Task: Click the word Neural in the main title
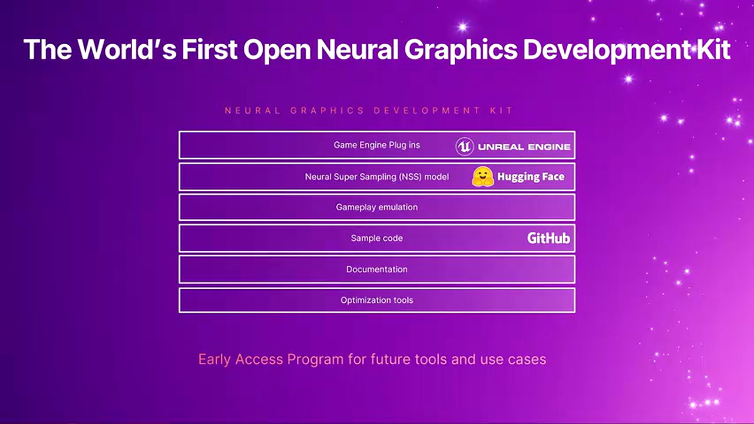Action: click(x=358, y=49)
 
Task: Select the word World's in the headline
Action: click(x=127, y=49)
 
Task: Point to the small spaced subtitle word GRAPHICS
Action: click(x=328, y=111)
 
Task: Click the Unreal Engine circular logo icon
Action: click(x=465, y=147)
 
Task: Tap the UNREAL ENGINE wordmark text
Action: click(x=524, y=147)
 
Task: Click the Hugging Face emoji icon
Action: click(x=482, y=176)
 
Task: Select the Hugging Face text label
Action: click(x=531, y=177)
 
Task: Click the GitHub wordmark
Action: click(x=548, y=238)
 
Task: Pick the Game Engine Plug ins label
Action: click(x=376, y=145)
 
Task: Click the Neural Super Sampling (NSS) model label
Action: click(x=376, y=177)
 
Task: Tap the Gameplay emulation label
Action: click(x=376, y=207)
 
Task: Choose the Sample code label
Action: click(x=376, y=238)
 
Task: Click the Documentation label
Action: click(x=376, y=269)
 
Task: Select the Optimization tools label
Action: click(x=376, y=300)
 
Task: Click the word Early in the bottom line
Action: click(x=214, y=360)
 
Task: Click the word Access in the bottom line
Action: click(x=259, y=359)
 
